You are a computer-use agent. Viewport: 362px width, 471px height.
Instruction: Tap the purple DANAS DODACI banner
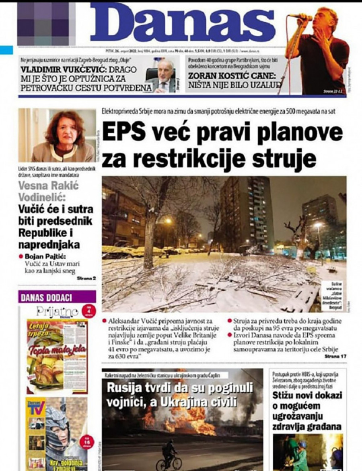57,298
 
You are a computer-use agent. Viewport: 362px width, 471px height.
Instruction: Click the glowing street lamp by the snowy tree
168,221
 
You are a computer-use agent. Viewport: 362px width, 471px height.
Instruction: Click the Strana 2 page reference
87,278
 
